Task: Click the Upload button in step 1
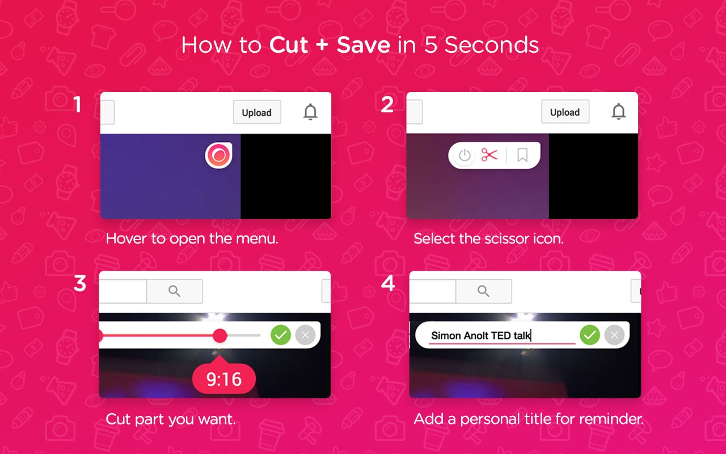pyautogui.click(x=257, y=112)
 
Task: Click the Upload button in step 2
pyautogui.click(x=565, y=112)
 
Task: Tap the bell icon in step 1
pyautogui.click(x=310, y=112)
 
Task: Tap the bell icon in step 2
pyautogui.click(x=618, y=112)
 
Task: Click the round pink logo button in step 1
pyautogui.click(x=218, y=155)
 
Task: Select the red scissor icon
pyautogui.click(x=489, y=155)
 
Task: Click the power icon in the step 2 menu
pyautogui.click(x=465, y=155)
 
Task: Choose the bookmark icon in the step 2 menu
pyautogui.click(x=522, y=155)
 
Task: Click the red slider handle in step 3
pyautogui.click(x=220, y=335)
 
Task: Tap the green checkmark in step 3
pyautogui.click(x=281, y=335)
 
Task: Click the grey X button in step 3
pyautogui.click(x=305, y=335)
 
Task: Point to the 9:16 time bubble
pyautogui.click(x=224, y=379)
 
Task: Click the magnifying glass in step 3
pyautogui.click(x=174, y=291)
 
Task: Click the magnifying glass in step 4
pyautogui.click(x=484, y=291)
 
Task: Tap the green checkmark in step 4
pyautogui.click(x=590, y=335)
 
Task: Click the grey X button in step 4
pyautogui.click(x=614, y=335)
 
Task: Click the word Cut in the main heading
pyautogui.click(x=289, y=45)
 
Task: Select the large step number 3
pyautogui.click(x=80, y=283)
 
